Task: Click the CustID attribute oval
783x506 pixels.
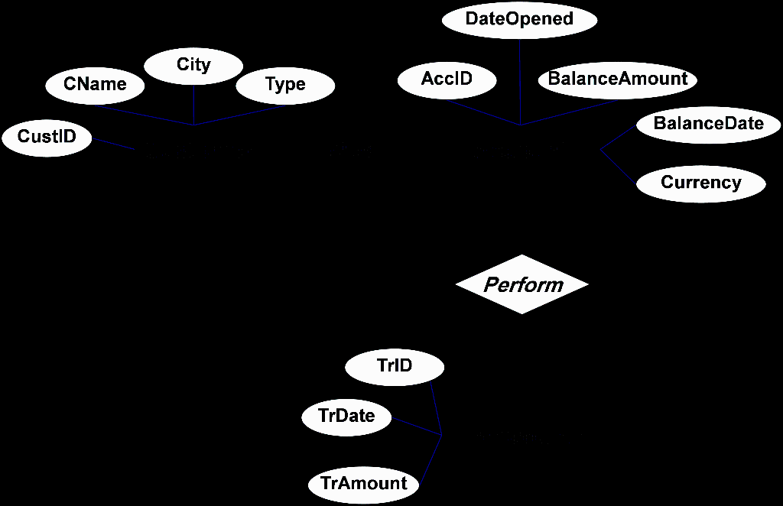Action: point(47,138)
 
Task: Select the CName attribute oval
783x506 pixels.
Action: point(95,85)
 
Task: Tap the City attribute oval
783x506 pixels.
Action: point(193,66)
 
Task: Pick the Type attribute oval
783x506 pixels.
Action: point(285,85)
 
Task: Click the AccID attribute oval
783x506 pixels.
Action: point(447,79)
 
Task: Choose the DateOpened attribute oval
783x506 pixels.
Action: point(519,19)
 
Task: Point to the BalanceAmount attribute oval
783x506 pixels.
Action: point(618,79)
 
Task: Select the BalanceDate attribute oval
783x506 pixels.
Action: point(708,124)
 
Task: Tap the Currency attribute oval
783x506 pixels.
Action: point(701,183)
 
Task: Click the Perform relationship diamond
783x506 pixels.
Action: point(523,285)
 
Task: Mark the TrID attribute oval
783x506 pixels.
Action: point(395,366)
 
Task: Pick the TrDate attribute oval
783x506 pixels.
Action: point(347,417)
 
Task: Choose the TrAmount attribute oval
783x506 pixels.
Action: point(364,484)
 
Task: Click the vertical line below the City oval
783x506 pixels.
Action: point(193,104)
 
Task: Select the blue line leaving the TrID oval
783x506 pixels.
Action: point(437,409)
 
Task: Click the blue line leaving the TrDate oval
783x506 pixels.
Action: point(417,427)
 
